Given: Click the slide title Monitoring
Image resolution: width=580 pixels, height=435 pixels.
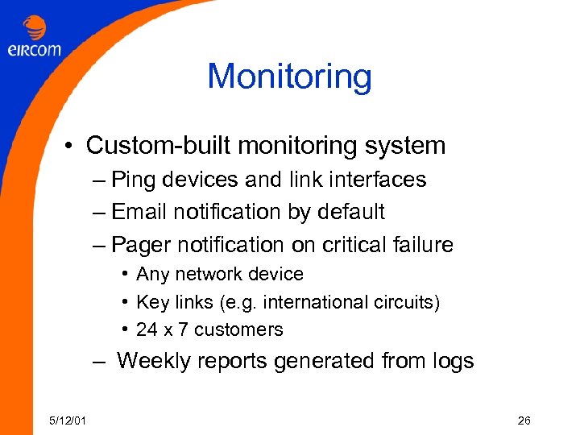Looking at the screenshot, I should [x=289, y=77].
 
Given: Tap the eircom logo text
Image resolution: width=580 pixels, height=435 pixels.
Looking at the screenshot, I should [x=35, y=49].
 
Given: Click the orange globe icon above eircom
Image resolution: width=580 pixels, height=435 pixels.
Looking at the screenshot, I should [x=35, y=28].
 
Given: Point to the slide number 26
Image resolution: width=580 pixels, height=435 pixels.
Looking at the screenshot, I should [x=524, y=420].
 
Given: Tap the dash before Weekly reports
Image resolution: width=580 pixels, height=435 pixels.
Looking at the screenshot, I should [x=99, y=362].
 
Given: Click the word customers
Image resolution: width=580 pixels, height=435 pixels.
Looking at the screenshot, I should [x=239, y=329].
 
